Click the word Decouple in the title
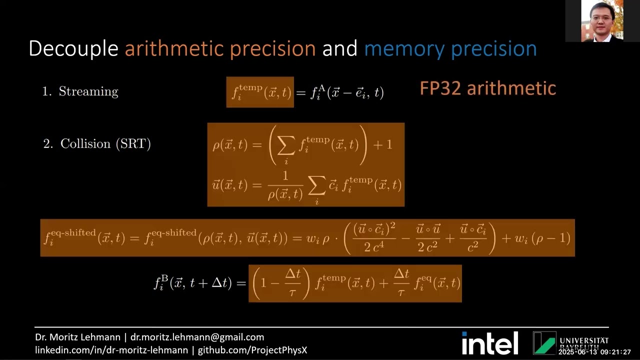73,48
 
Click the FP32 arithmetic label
487,88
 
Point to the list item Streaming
88,91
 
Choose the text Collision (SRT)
105,144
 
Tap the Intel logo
489,343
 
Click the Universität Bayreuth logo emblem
544,343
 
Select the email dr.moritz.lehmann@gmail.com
197,337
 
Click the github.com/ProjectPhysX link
252,350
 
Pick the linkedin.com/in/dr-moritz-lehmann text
111,350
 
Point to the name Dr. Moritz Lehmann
77,337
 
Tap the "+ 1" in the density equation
382,145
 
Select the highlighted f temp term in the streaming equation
260,92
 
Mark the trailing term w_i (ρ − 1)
542,238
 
